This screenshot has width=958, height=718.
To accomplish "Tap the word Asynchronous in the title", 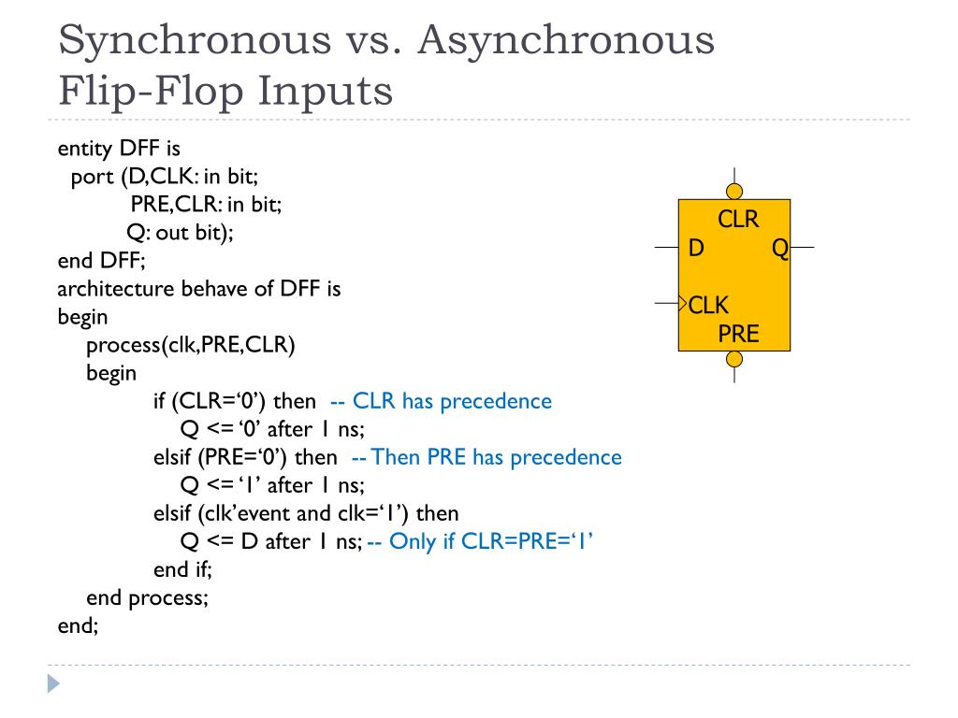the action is [x=565, y=41].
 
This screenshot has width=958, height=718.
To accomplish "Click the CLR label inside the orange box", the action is [x=738, y=220].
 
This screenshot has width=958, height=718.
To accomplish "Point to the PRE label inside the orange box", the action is [x=738, y=334].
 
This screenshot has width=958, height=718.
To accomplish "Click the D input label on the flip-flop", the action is [x=696, y=249].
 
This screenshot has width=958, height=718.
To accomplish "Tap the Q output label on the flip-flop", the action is [x=779, y=249].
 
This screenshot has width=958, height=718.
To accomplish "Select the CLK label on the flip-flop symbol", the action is [x=709, y=305].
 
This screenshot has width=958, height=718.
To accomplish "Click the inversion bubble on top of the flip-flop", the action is [x=734, y=192].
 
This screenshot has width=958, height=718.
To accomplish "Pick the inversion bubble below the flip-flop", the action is [x=734, y=359].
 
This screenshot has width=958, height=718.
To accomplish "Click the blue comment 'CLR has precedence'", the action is [x=441, y=401].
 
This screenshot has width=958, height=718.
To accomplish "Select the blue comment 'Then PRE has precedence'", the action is [x=486, y=457].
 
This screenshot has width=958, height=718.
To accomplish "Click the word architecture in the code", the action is [x=116, y=289].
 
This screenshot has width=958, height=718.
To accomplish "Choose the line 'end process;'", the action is [x=147, y=597].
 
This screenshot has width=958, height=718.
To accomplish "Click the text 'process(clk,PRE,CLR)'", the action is [x=190, y=345].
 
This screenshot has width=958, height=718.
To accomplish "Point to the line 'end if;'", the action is [x=183, y=569].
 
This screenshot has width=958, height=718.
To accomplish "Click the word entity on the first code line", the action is [x=84, y=149].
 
